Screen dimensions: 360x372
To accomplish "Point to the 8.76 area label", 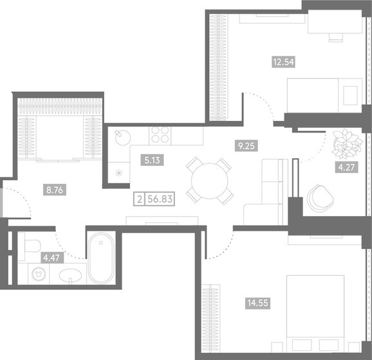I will [49, 190].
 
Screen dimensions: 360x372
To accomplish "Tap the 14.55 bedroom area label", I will [254, 300].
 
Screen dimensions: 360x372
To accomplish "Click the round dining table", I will [209, 180].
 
